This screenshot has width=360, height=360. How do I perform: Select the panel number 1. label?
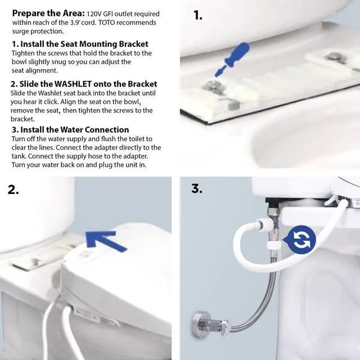(x=197, y=15)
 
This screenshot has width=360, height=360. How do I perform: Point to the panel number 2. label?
(x=13, y=190)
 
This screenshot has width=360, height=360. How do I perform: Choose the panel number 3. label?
(x=196, y=188)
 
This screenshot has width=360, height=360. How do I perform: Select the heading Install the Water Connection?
(x=78, y=130)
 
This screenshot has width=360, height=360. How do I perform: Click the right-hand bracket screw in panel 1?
(x=336, y=56)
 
